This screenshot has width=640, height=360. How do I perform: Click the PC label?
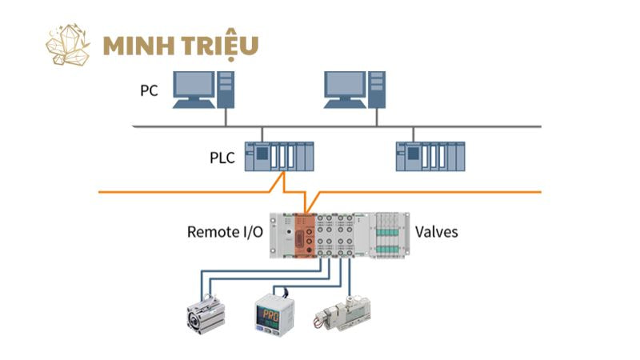(x=149, y=90)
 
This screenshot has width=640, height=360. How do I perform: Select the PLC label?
(x=217, y=158)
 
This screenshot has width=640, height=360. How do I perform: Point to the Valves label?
(x=436, y=232)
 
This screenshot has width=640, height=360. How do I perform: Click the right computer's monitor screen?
(x=346, y=84)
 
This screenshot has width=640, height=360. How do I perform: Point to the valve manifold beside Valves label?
(x=387, y=234)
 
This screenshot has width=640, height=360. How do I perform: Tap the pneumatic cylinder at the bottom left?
(x=206, y=315)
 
